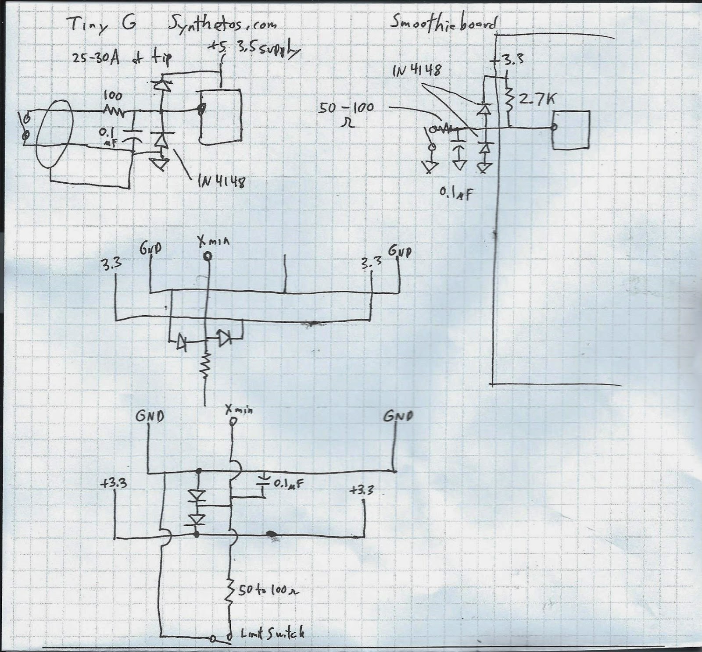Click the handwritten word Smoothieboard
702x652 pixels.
pos(443,23)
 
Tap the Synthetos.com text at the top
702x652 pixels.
pos(223,24)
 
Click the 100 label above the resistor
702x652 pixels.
pos(113,96)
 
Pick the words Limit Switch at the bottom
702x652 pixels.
pos(272,633)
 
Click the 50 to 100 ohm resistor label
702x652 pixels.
pos(269,591)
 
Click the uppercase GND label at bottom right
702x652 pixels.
pos(398,416)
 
